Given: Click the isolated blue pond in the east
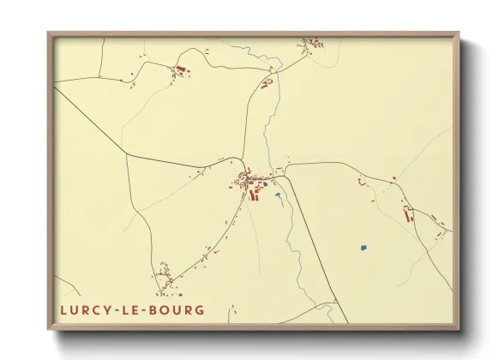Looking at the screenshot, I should pos(363,249).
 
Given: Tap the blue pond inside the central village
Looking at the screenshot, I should pos(265,184).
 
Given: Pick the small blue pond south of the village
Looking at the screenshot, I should pos(278,195).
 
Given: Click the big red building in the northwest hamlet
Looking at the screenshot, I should pos(181,69).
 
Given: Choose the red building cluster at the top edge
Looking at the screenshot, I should pos(310,42).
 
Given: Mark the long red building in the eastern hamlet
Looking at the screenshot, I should pos(408,213).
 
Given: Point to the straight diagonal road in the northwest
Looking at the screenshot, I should pos(90,120).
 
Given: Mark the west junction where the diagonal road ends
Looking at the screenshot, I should pos(126,155).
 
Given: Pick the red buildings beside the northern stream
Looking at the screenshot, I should pos(267,83).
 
